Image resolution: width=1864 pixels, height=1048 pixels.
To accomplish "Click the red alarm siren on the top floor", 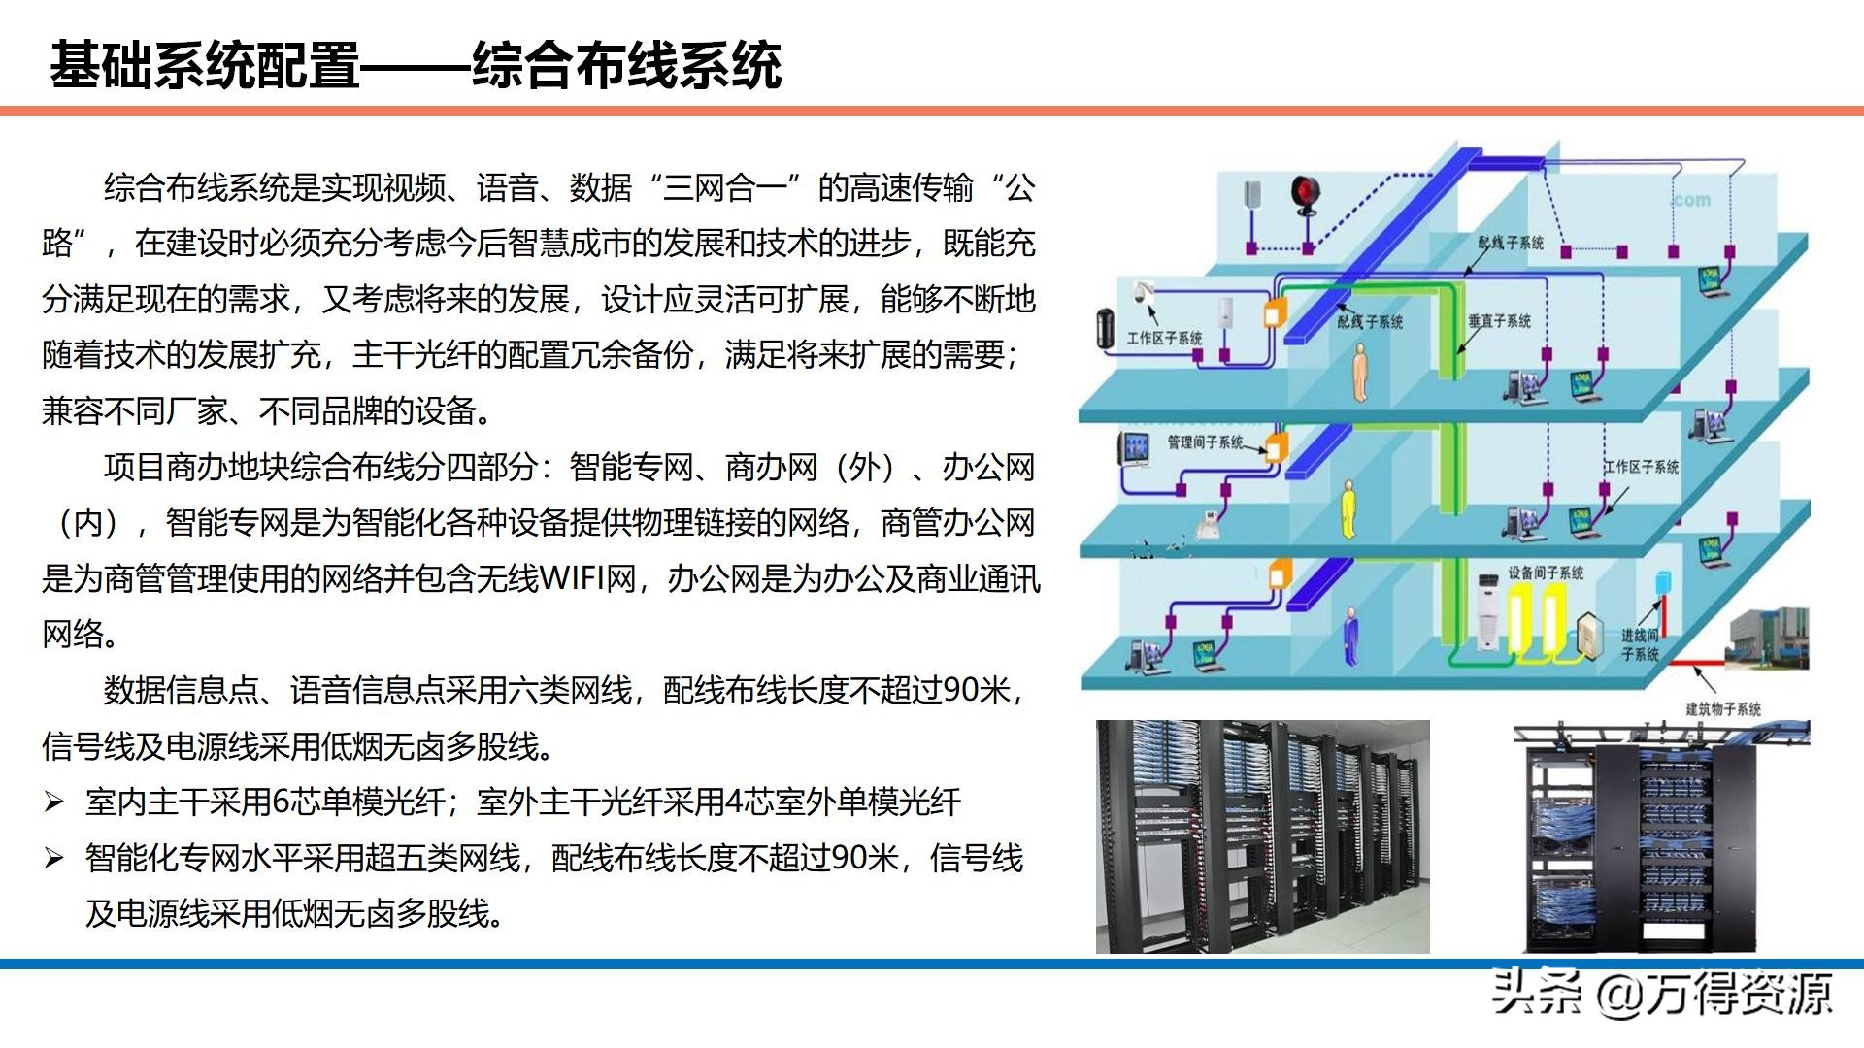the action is tap(1304, 195).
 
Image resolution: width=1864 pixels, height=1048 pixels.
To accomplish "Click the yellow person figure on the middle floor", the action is tap(1348, 508).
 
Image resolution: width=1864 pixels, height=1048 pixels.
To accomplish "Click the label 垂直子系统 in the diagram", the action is tap(1499, 321).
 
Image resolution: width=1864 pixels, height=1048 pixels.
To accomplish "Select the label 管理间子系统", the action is tap(1204, 442).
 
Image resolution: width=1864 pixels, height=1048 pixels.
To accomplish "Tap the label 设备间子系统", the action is tap(1546, 573).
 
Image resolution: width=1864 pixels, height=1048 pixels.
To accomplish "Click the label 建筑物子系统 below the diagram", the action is tap(1722, 709).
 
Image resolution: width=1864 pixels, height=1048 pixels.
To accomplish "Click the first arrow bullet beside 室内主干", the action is tap(54, 802).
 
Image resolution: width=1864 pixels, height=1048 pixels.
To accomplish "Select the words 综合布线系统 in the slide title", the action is tap(626, 66).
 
